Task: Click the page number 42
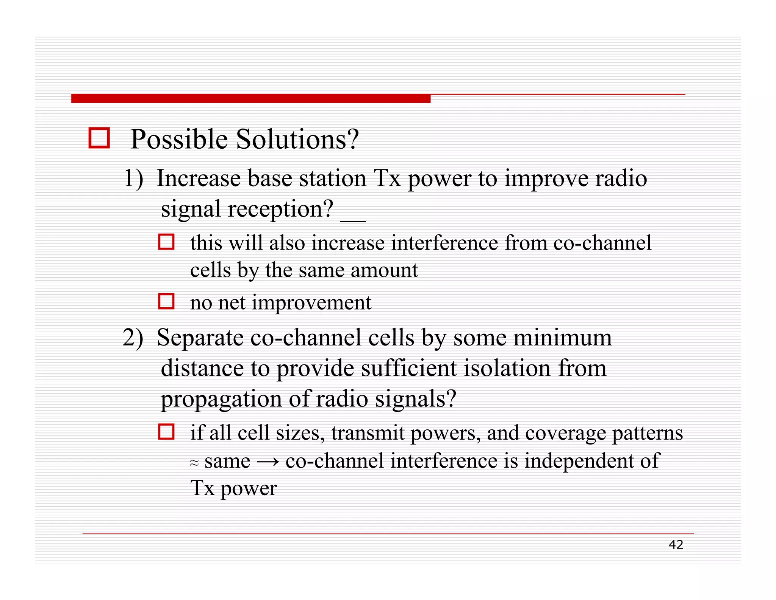[x=676, y=545]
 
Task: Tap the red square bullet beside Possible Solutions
[x=99, y=138]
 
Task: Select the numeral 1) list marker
[x=134, y=178]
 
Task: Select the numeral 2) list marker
[x=133, y=337]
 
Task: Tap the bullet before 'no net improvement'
[x=166, y=301]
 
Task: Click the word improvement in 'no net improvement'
[x=311, y=303]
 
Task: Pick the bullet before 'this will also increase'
[x=166, y=242]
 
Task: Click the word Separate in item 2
[x=200, y=338]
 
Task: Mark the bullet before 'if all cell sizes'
[x=166, y=432]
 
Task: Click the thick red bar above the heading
[x=250, y=98]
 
